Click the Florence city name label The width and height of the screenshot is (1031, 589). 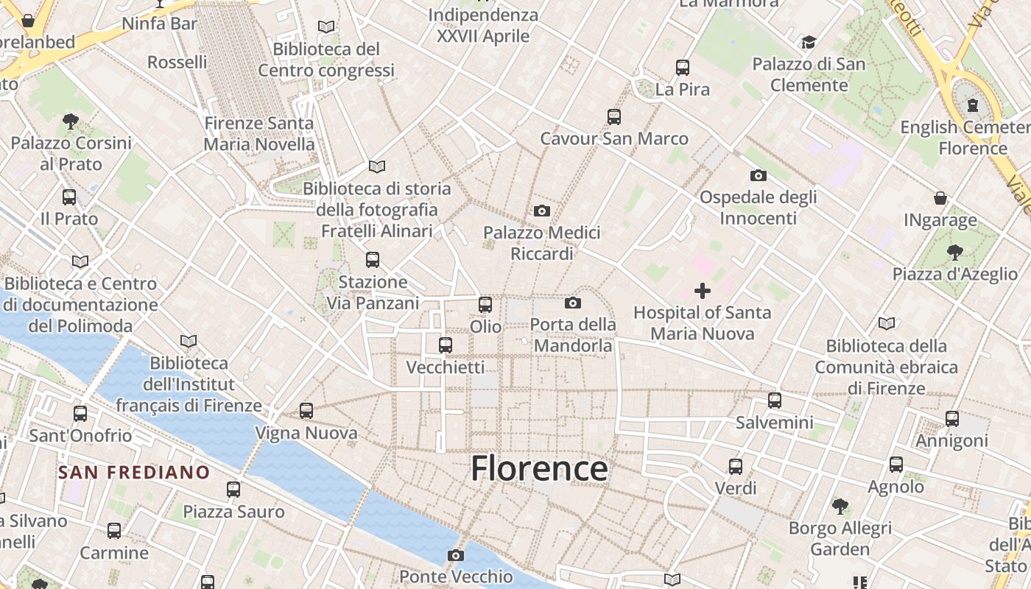[539, 469]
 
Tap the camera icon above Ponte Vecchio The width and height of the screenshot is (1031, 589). [456, 555]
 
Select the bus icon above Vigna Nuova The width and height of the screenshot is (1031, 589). [306, 411]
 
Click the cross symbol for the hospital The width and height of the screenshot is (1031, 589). [703, 291]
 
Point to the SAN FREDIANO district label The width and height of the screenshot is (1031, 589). [134, 472]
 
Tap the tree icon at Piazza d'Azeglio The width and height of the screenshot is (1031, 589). [954, 253]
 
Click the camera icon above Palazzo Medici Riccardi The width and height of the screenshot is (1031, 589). [542, 211]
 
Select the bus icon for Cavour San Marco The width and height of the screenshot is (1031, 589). [614, 116]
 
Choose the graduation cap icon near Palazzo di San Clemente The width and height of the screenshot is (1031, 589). [809, 42]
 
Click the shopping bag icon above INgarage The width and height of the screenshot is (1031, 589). [940, 198]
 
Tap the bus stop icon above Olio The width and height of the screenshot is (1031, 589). [485, 304]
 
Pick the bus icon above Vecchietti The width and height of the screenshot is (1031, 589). [446, 345]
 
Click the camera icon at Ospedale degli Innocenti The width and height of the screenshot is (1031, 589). [758, 175]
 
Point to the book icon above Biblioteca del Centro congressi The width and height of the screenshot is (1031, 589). [326, 27]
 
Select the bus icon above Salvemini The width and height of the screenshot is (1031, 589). [775, 401]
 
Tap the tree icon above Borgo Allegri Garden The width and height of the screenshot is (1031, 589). [840, 506]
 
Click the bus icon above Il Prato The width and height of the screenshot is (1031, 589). [69, 197]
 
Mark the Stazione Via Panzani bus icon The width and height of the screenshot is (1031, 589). [373, 259]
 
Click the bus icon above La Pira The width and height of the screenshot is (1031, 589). [683, 68]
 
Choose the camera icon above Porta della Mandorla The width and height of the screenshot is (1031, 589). [573, 303]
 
